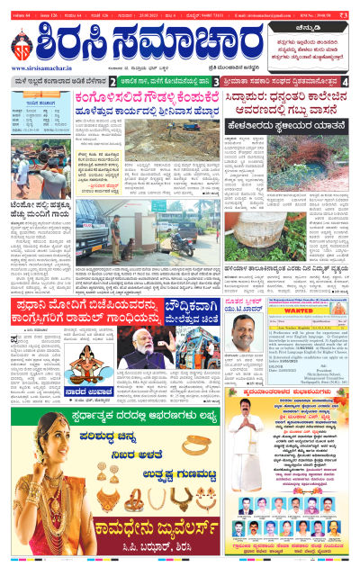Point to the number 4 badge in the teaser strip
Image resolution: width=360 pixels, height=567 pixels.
click(346, 82)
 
